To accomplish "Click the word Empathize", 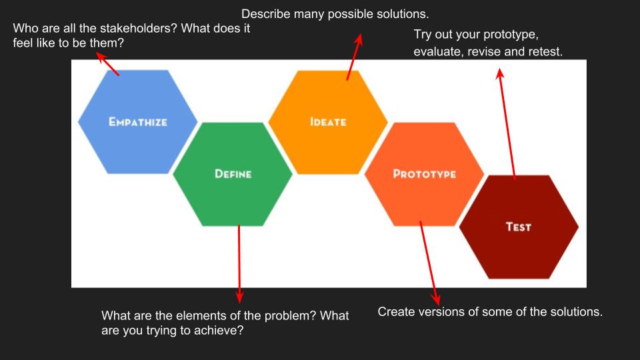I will [x=138, y=122].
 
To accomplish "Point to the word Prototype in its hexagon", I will [x=425, y=174].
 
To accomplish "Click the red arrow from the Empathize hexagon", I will [x=108, y=64].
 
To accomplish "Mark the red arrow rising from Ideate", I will [x=353, y=57].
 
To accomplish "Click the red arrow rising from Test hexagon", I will [x=507, y=123].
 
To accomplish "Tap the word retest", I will [x=544, y=51].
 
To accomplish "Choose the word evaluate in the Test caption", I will [x=437, y=51].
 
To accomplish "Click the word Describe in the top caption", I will [x=265, y=13].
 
